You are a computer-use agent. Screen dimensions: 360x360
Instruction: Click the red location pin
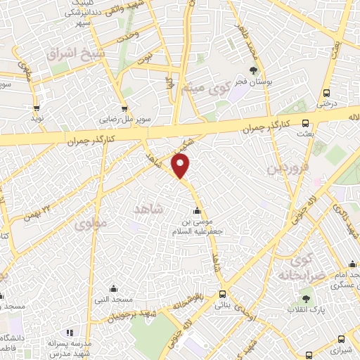pyautogui.click(x=181, y=166)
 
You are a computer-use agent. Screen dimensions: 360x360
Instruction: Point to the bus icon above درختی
pyautogui.click(x=326, y=93)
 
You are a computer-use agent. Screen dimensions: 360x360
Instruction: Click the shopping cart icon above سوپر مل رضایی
pyautogui.click(x=124, y=108)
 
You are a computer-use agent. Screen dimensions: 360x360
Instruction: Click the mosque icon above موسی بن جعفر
pyautogui.click(x=197, y=212)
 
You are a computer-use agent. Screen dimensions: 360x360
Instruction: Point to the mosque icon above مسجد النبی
pyautogui.click(x=113, y=288)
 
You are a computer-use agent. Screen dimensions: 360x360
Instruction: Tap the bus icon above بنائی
pyautogui.click(x=223, y=294)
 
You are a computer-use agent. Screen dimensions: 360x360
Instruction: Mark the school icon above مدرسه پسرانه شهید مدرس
pyautogui.click(x=68, y=333)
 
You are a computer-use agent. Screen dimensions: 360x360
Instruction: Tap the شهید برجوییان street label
pyautogui.click(x=137, y=316)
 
